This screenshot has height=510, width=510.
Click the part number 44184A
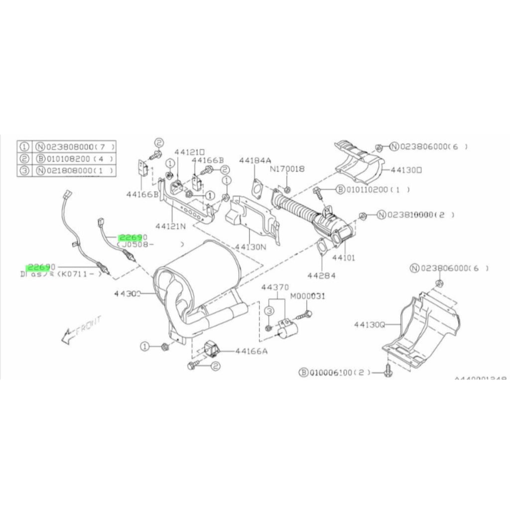tap(255, 160)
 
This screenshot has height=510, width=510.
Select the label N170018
tap(286, 169)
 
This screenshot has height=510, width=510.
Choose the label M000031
tap(307, 296)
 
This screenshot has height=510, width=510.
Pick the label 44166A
tap(251, 351)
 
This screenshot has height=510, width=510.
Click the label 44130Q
tap(370, 324)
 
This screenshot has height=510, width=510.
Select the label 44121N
tap(171, 226)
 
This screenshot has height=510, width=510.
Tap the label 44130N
tap(251, 246)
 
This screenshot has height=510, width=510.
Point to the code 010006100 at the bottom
tap(333, 372)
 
